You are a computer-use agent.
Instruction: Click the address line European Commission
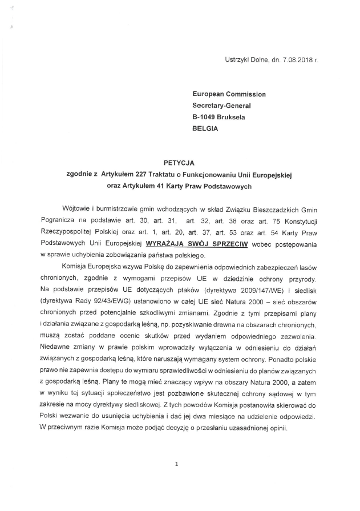(229, 94)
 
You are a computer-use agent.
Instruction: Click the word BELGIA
(205, 128)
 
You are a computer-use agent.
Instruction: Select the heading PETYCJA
(179, 163)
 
